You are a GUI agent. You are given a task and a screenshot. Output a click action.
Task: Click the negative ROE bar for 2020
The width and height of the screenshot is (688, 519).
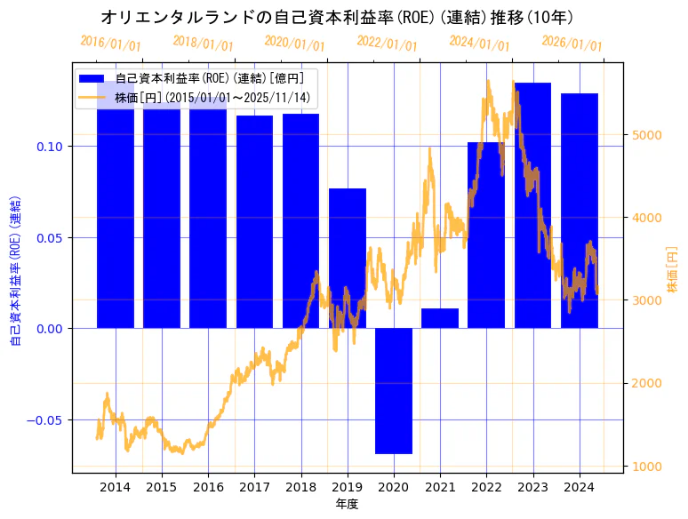tap(394, 390)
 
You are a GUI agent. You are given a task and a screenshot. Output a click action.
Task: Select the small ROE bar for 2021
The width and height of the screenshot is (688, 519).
tap(440, 318)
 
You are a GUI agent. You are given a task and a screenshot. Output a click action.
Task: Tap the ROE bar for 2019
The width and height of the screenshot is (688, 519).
tap(348, 258)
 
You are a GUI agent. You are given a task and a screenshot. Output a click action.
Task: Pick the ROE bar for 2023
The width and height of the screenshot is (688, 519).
tap(532, 205)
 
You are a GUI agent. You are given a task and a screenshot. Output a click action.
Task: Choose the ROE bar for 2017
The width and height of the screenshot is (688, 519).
tap(254, 221)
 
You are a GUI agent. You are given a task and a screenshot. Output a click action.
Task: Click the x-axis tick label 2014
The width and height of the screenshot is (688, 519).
tap(116, 487)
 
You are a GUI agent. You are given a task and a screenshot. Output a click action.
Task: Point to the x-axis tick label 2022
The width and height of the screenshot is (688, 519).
tap(486, 487)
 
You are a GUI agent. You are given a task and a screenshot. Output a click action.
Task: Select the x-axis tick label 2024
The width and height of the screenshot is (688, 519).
tap(579, 487)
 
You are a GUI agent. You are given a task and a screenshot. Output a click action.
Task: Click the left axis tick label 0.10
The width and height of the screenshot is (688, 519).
tap(52, 146)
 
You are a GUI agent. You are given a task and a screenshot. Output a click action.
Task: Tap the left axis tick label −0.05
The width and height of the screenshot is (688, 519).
tap(47, 419)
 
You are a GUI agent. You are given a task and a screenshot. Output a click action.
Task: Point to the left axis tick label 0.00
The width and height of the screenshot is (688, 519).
tap(52, 329)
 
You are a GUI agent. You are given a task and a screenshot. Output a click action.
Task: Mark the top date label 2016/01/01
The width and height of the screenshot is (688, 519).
tap(110, 43)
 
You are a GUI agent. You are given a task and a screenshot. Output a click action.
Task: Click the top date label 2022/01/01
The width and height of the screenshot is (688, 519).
tap(387, 43)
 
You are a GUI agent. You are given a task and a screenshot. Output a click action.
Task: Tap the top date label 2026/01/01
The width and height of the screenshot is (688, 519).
tap(572, 43)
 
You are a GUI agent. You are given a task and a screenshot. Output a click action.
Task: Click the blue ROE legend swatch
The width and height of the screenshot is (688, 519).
tap(94, 78)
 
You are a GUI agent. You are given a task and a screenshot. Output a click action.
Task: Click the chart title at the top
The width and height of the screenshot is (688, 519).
tap(337, 17)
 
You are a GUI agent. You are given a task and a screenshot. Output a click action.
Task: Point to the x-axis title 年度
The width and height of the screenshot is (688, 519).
tap(347, 504)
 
